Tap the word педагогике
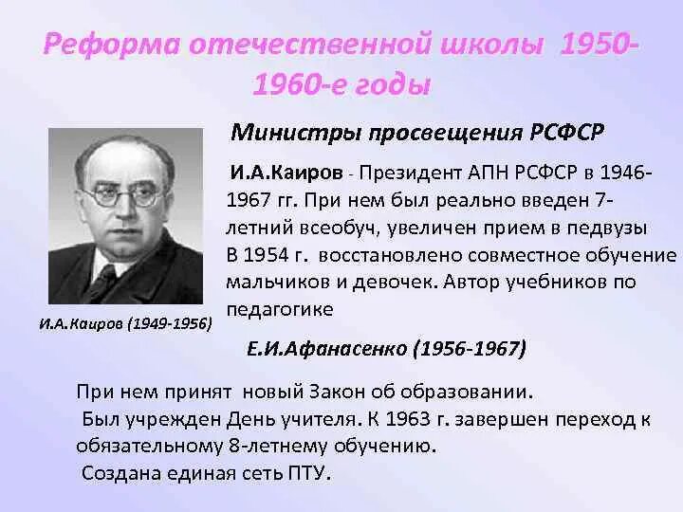(279, 309)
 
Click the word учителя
(302, 418)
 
